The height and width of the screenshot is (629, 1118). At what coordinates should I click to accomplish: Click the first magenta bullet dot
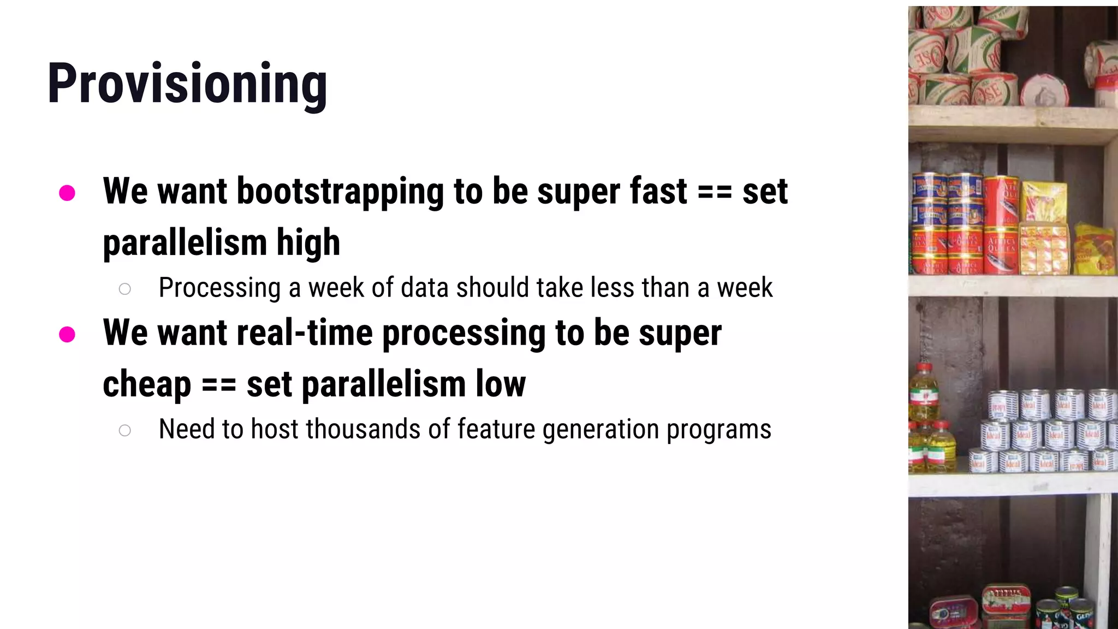[x=67, y=193]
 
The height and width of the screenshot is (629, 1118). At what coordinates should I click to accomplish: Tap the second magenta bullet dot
[x=67, y=334]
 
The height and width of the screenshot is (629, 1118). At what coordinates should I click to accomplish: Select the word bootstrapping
[x=340, y=192]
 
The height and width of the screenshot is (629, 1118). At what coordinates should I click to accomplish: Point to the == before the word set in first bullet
[x=715, y=192]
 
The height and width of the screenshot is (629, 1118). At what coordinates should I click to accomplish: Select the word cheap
[x=146, y=384]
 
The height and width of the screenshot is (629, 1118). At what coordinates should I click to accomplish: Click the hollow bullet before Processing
[x=124, y=289]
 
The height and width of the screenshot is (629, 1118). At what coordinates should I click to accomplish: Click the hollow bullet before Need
[x=124, y=430]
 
